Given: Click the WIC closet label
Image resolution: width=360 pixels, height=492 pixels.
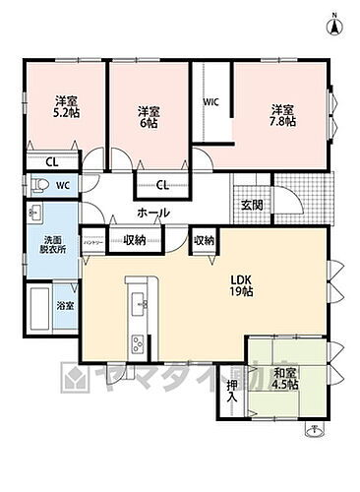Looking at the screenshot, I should click(210, 101).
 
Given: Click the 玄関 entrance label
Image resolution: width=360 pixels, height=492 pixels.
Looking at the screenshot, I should click(251, 205).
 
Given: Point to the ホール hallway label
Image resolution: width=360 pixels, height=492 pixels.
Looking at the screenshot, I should click(152, 213).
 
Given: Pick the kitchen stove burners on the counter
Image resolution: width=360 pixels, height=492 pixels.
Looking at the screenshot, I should click(136, 342).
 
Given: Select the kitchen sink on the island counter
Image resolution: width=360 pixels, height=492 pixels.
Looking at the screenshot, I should click(137, 303).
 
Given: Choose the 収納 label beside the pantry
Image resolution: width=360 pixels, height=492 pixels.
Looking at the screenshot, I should click(135, 239).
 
